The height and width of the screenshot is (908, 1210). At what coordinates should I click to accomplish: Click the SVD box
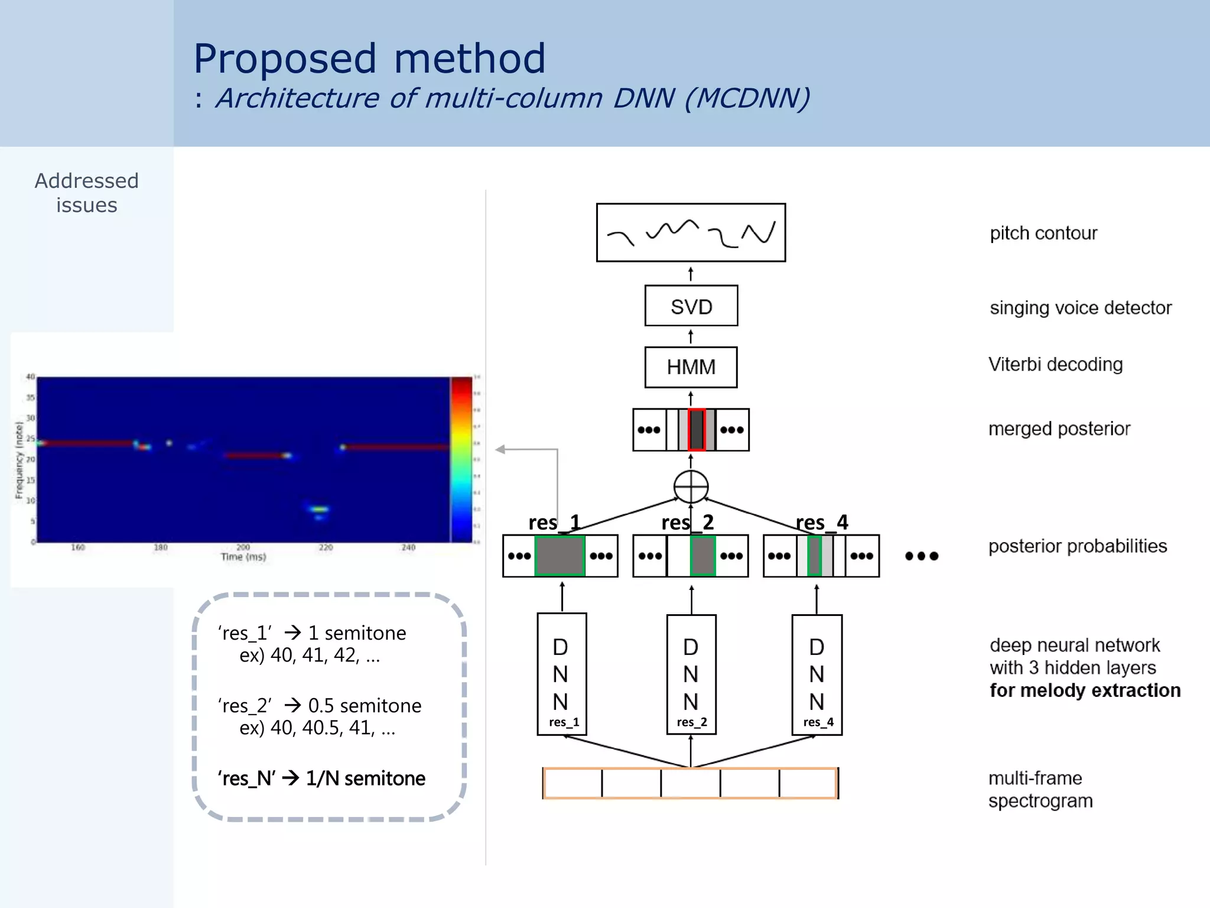tap(691, 306)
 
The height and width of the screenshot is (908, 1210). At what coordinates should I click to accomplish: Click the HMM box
tap(691, 367)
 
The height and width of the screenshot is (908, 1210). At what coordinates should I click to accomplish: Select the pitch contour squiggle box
tap(691, 232)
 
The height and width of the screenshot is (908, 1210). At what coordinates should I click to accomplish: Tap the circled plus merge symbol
tap(691, 487)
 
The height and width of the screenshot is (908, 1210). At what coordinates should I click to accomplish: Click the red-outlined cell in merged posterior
tap(697, 430)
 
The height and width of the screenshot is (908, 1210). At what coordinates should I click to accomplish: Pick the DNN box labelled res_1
tap(561, 674)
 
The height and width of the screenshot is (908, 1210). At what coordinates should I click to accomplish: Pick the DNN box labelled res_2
tap(691, 674)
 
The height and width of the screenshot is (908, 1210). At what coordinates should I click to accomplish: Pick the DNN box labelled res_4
tap(817, 674)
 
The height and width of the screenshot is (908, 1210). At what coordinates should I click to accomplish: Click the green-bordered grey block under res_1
tap(560, 556)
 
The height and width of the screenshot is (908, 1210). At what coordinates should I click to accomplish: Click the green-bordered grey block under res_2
tap(702, 556)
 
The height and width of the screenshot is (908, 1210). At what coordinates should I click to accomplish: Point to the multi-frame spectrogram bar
tap(690, 783)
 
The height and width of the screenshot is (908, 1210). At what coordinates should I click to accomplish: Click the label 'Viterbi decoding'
tap(1055, 364)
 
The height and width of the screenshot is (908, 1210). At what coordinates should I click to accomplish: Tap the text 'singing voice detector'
tap(1080, 307)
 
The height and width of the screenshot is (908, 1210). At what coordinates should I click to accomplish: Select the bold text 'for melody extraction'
tap(1085, 690)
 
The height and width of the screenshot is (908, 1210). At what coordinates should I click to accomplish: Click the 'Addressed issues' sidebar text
tap(87, 193)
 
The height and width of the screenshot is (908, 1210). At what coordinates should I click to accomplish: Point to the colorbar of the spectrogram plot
tap(461, 459)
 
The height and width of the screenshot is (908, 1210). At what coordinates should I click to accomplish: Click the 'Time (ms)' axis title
tap(243, 557)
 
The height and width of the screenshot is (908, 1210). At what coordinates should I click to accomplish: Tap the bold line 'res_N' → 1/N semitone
tap(321, 779)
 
